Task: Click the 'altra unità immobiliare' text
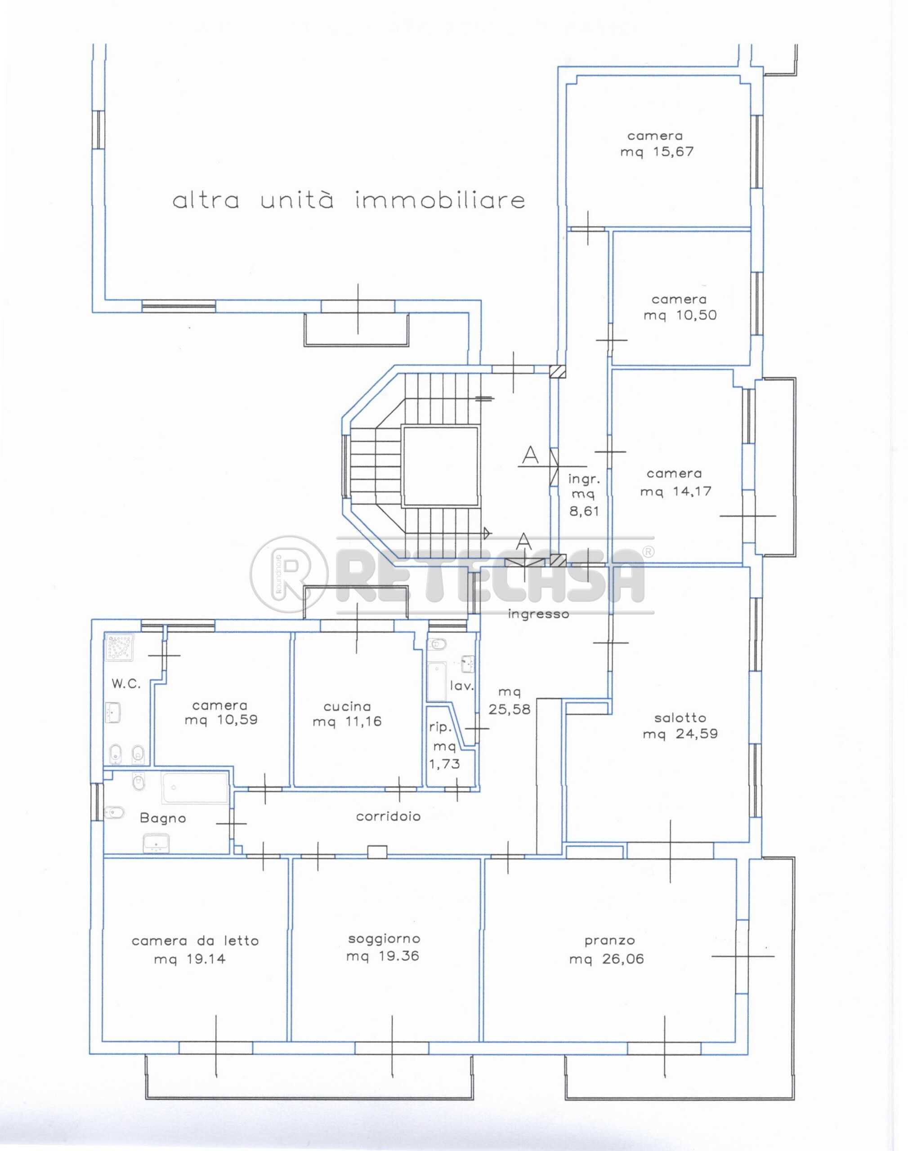coord(349,201)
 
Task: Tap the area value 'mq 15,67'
coord(657,152)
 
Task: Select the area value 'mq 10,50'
coord(680,315)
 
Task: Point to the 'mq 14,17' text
coord(675,491)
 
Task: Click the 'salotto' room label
coord(680,718)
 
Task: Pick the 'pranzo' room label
coord(610,940)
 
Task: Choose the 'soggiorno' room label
coord(384,939)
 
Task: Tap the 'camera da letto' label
coord(195,941)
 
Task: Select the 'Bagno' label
coord(163,818)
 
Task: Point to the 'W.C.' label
coord(126,684)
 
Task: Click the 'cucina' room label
coord(347,706)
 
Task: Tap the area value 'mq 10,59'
coord(221,720)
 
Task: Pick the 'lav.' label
coord(461,686)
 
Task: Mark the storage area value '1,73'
coord(444,764)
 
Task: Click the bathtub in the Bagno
coord(195,788)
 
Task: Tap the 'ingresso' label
coord(538,614)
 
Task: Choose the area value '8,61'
coord(584,511)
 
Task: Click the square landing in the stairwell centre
coord(440,466)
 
